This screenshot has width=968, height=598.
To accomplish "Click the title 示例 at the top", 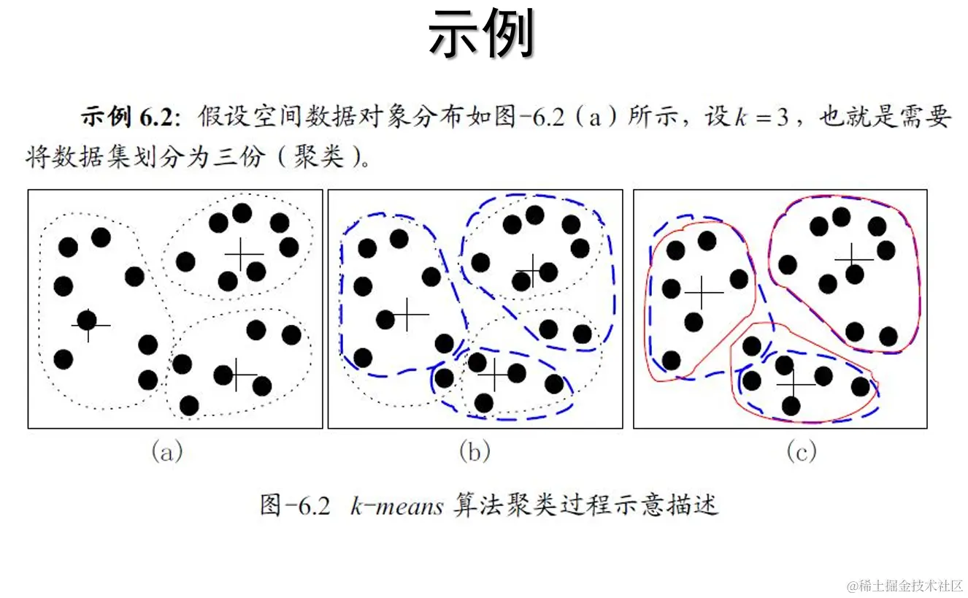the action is pos(482,34).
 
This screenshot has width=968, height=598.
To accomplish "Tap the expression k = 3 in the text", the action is pos(761,118).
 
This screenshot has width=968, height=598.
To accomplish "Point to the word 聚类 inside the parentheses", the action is pos(318,156).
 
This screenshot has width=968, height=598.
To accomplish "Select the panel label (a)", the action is pos(166,453).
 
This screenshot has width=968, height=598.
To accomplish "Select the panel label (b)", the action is pos(475,453).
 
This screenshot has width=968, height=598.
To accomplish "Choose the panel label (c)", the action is pos(801,453).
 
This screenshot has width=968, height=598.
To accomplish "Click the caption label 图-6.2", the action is pos(295,505).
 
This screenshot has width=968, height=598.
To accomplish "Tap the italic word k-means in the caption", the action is pos(396,505).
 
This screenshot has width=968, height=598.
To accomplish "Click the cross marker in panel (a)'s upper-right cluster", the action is pos(244,254).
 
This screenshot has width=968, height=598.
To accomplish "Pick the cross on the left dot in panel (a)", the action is pos(90,324).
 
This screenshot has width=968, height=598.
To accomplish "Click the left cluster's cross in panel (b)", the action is pos(409,315).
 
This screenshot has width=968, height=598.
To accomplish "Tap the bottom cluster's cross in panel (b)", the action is pos(497,375).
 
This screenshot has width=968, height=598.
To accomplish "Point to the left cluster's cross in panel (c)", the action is pos(703,292).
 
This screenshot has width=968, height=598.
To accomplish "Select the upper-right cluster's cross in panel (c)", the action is pos(853,259).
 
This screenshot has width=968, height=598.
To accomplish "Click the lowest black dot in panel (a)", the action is pos(189,405).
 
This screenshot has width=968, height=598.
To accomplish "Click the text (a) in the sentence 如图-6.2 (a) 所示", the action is pos(594,118).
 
